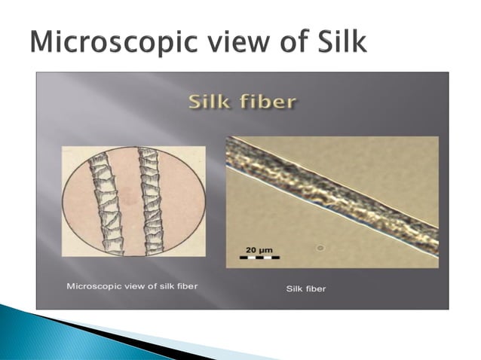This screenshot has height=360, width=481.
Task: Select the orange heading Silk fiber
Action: (241, 100)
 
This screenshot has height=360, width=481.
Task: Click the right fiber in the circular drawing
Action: (152, 200)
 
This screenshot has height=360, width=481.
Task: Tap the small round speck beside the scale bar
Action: (320, 247)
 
